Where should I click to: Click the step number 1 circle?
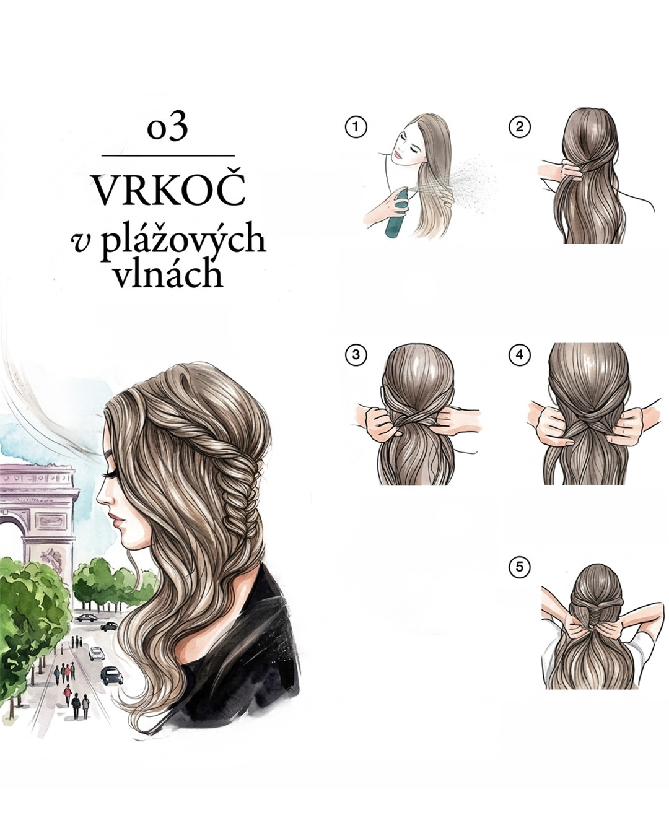[x=356, y=127]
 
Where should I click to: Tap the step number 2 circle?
[x=520, y=127]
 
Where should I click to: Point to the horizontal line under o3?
[x=168, y=155]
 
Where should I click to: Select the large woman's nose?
[x=102, y=497]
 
